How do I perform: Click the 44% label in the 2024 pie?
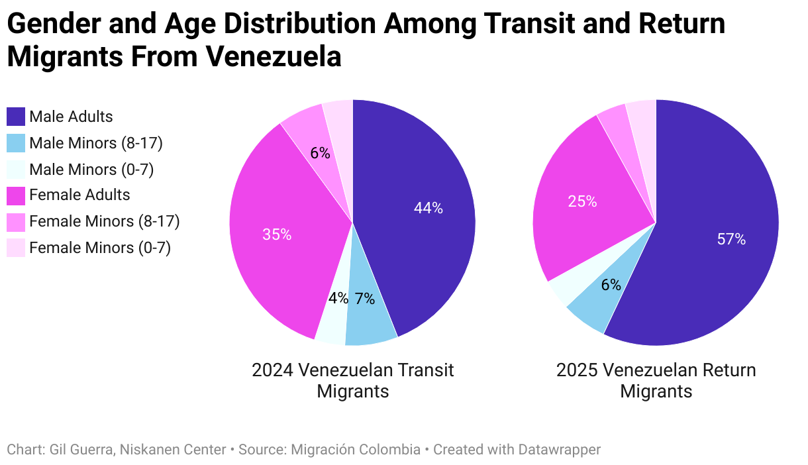pos(428,208)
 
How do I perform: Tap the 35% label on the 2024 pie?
pos(276,234)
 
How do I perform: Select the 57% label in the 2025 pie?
pos(731,239)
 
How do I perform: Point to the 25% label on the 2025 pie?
pos(582,201)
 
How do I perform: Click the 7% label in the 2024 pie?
pos(364,299)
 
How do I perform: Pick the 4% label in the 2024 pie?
pos(338,298)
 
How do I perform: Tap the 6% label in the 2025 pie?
pos(611,285)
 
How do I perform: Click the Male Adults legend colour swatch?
pos(16,117)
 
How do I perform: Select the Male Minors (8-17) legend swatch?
pos(16,143)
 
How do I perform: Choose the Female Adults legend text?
pos(79,195)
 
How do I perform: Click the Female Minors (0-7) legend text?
pos(100,248)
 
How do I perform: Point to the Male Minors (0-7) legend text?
pos(91,170)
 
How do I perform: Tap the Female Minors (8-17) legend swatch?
pos(16,221)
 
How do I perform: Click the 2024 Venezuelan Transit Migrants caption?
pos(352,380)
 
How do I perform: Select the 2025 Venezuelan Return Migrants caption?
pos(656,380)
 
